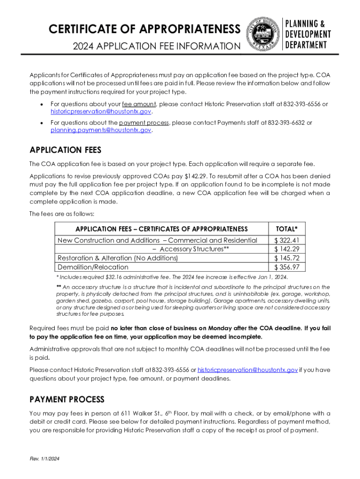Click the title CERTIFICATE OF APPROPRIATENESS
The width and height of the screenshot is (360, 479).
point(144,29)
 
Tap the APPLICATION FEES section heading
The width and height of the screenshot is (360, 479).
point(65,150)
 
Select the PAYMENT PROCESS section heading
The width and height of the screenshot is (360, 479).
point(67,399)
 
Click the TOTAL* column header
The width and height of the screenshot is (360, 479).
point(287,229)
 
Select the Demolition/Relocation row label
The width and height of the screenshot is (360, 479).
point(93,267)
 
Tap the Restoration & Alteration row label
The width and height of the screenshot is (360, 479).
point(117,258)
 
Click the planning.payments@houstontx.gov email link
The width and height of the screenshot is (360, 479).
point(101,130)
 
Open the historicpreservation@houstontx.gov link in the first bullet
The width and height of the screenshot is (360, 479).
point(101,112)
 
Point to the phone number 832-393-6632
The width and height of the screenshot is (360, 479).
point(286,123)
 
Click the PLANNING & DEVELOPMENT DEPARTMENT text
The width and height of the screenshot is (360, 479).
point(308,34)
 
